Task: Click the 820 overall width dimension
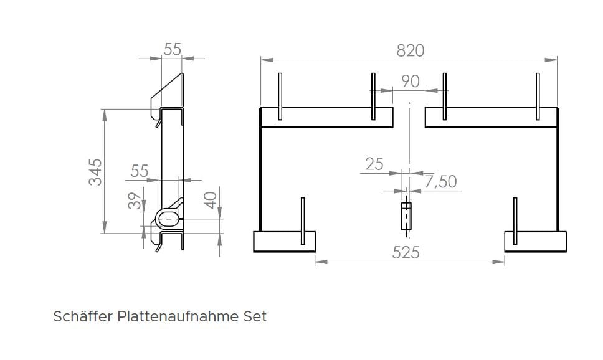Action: (x=410, y=50)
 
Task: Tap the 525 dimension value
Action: (x=406, y=252)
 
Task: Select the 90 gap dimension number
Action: (x=410, y=82)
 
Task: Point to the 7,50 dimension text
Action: (x=440, y=182)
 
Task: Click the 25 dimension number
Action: (x=374, y=164)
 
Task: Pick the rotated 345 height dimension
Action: (x=95, y=171)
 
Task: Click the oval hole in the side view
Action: (x=167, y=219)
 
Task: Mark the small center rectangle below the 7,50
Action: (x=406, y=215)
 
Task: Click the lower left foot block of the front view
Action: (x=284, y=241)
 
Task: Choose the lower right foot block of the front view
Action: (x=535, y=241)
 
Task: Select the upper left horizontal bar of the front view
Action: (x=326, y=116)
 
